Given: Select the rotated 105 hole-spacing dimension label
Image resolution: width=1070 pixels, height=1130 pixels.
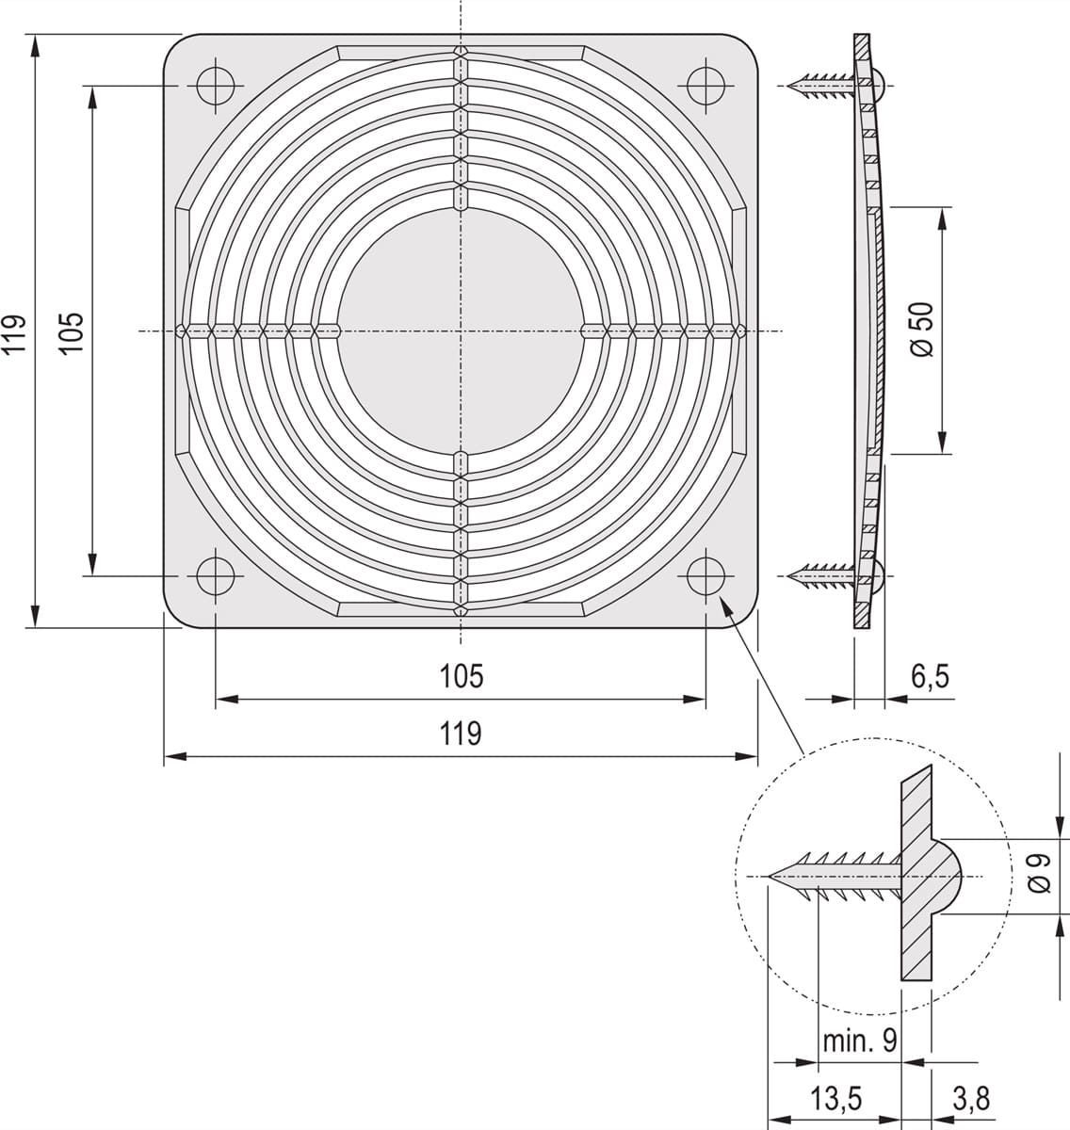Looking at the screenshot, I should (73, 331).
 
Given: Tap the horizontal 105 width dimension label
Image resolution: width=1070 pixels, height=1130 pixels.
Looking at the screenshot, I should (461, 675).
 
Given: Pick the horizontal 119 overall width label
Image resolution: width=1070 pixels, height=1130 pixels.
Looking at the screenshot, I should (461, 733).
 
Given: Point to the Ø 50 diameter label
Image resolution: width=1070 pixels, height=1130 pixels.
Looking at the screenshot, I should (922, 330).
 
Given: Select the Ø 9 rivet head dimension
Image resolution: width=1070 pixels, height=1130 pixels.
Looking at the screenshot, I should (1038, 873).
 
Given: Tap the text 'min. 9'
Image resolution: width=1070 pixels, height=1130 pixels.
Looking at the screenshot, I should (859, 1041).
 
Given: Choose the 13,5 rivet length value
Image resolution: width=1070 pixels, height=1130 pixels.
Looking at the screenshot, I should (835, 1099).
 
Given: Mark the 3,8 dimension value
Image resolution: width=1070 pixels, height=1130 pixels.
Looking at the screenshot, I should (970, 1099).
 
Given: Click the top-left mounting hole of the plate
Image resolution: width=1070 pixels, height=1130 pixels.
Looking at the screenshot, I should (216, 86).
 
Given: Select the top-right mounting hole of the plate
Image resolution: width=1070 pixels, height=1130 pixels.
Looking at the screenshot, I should (705, 86).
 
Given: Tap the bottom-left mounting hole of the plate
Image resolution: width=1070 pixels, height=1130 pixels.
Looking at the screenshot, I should (216, 575).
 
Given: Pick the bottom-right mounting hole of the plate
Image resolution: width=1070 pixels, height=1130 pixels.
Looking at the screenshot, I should (705, 575).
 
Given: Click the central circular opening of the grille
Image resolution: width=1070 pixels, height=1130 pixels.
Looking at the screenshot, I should (461, 331).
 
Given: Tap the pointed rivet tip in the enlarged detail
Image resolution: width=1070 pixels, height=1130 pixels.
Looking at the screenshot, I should (774, 877).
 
